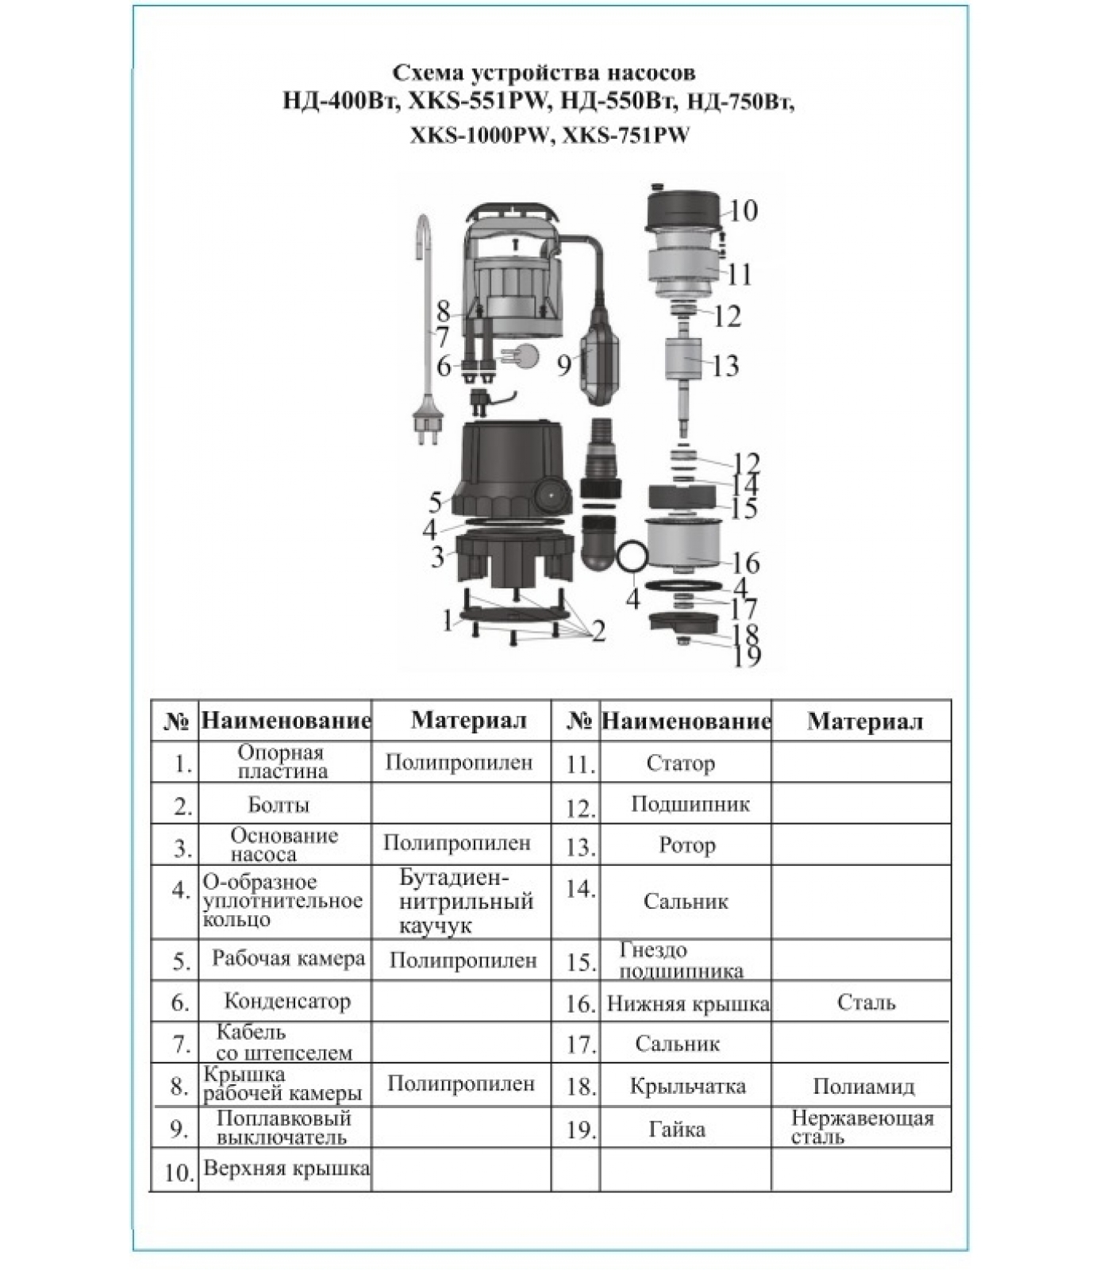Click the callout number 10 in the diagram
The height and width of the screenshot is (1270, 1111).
[744, 211]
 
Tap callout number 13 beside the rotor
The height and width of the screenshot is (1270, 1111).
[725, 366]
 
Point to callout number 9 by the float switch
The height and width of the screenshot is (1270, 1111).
[564, 366]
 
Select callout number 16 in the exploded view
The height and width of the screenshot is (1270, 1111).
[745, 563]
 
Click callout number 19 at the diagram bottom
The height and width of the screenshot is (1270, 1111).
[748, 656]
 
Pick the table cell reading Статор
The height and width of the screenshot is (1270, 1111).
[681, 764]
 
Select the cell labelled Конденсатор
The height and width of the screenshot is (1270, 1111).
[286, 1002]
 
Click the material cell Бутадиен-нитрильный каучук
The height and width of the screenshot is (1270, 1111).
[465, 902]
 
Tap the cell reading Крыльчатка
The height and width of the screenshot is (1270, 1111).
[687, 1086]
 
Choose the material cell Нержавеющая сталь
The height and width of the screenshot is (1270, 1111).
[862, 1127]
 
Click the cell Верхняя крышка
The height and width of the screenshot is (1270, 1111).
[286, 1168]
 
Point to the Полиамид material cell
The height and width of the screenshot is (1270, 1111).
[863, 1086]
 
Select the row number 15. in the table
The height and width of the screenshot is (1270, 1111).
[581, 962]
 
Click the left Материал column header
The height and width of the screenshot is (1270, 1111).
[468, 721]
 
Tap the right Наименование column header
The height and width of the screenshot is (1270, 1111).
[686, 722]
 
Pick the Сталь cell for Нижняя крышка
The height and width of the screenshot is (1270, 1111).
[866, 1003]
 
